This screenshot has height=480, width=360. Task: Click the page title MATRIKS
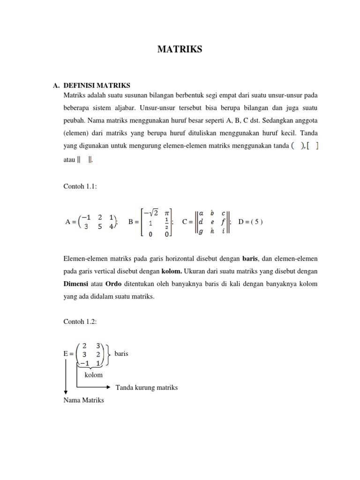pyautogui.click(x=180, y=49)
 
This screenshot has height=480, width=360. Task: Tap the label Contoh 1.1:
pyautogui.click(x=79, y=186)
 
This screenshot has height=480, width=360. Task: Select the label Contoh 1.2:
pyautogui.click(x=79, y=322)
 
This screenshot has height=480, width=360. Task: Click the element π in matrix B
pyautogui.click(x=167, y=212)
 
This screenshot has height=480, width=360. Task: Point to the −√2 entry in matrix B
pyautogui.click(x=150, y=212)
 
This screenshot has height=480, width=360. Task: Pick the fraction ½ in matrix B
pyautogui.click(x=167, y=222)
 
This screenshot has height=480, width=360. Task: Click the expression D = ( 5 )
pyautogui.click(x=251, y=222)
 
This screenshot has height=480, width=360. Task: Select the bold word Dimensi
pyautogui.click(x=76, y=284)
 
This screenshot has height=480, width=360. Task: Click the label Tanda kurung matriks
pyautogui.click(x=146, y=388)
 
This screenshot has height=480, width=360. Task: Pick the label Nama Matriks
pyautogui.click(x=83, y=400)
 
